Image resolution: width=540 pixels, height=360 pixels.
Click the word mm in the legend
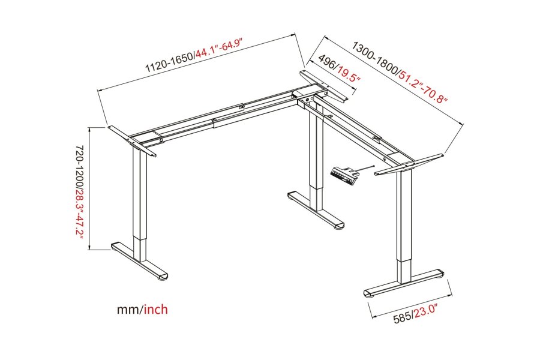click(128, 310)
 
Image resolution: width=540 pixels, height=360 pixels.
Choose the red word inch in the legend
click(155, 310)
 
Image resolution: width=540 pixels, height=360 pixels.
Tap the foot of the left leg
click(141, 262)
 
